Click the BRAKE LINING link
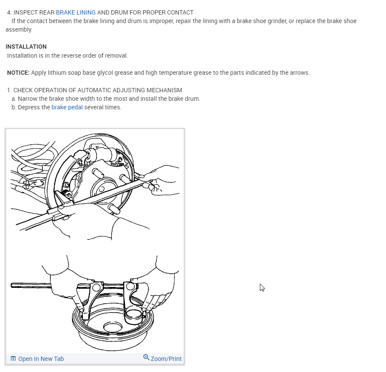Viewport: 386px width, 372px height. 76,12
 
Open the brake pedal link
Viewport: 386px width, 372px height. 67,107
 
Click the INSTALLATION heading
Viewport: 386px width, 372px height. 26,47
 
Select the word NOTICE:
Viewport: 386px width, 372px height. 18,73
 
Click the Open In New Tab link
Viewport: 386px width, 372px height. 41,359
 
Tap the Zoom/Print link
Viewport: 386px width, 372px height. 166,359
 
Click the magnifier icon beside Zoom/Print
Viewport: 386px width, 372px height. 146,357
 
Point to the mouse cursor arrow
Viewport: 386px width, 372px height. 262,287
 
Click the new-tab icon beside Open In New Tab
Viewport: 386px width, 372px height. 13,359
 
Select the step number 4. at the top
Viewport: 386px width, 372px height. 9,12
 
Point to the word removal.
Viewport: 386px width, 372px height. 116,56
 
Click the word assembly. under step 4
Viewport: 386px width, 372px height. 19,29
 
